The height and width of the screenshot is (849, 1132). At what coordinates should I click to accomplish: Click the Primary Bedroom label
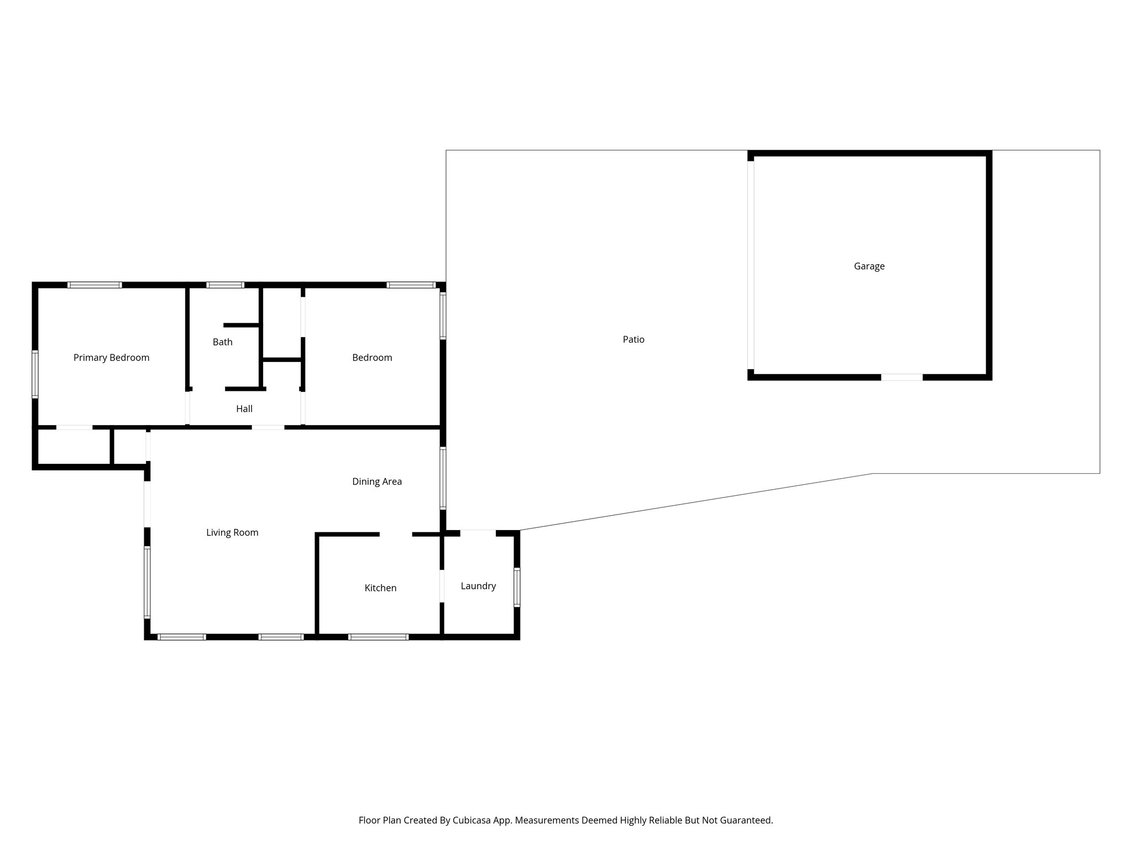pos(111,358)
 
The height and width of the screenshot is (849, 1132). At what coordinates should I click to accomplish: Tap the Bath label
pos(222,342)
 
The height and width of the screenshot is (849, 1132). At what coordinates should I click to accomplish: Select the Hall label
pos(244,409)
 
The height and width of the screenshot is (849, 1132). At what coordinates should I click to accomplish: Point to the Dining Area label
pos(376,481)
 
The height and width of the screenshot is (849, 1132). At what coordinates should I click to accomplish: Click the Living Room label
pos(232,533)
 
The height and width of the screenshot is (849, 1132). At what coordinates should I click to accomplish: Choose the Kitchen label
pos(380,588)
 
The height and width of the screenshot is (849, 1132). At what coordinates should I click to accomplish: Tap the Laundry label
pos(478,586)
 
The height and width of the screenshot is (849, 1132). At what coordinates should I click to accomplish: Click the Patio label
pos(633,339)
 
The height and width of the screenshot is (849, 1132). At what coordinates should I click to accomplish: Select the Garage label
pos(869,266)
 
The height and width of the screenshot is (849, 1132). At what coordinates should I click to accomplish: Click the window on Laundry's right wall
pos(517,587)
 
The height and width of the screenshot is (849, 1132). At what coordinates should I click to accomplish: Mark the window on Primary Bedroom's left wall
pos(35,374)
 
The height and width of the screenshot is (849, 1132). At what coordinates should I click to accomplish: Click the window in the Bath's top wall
pos(225,285)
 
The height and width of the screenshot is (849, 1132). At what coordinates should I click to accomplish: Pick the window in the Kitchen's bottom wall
pos(378,637)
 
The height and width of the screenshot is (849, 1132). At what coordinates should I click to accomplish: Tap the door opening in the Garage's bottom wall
pos(902,378)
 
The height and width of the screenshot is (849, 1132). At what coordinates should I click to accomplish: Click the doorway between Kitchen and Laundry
pos(442,586)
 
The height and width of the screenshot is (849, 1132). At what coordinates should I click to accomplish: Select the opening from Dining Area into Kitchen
pos(396,534)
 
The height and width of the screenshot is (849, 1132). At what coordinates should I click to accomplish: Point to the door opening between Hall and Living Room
pos(268,427)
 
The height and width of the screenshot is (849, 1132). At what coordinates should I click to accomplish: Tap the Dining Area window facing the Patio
pos(443,478)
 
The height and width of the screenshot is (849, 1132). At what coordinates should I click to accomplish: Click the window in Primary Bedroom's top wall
pos(95,285)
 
